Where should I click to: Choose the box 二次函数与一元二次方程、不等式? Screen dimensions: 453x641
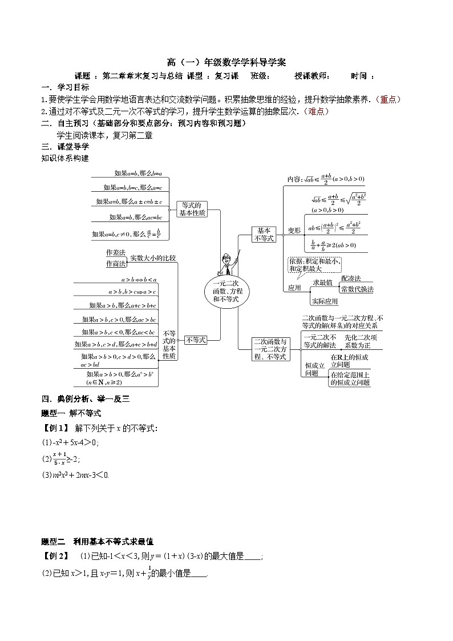[270, 349]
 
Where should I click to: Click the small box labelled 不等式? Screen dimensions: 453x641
[196, 339]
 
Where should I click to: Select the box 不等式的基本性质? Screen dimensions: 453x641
[169, 344]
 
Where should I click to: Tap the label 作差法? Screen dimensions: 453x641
[115, 252]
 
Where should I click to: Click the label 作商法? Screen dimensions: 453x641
[115, 264]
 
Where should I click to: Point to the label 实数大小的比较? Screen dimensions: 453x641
[153, 258]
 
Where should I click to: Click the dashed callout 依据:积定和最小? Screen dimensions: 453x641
[314, 264]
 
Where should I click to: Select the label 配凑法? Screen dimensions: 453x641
[351, 278]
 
